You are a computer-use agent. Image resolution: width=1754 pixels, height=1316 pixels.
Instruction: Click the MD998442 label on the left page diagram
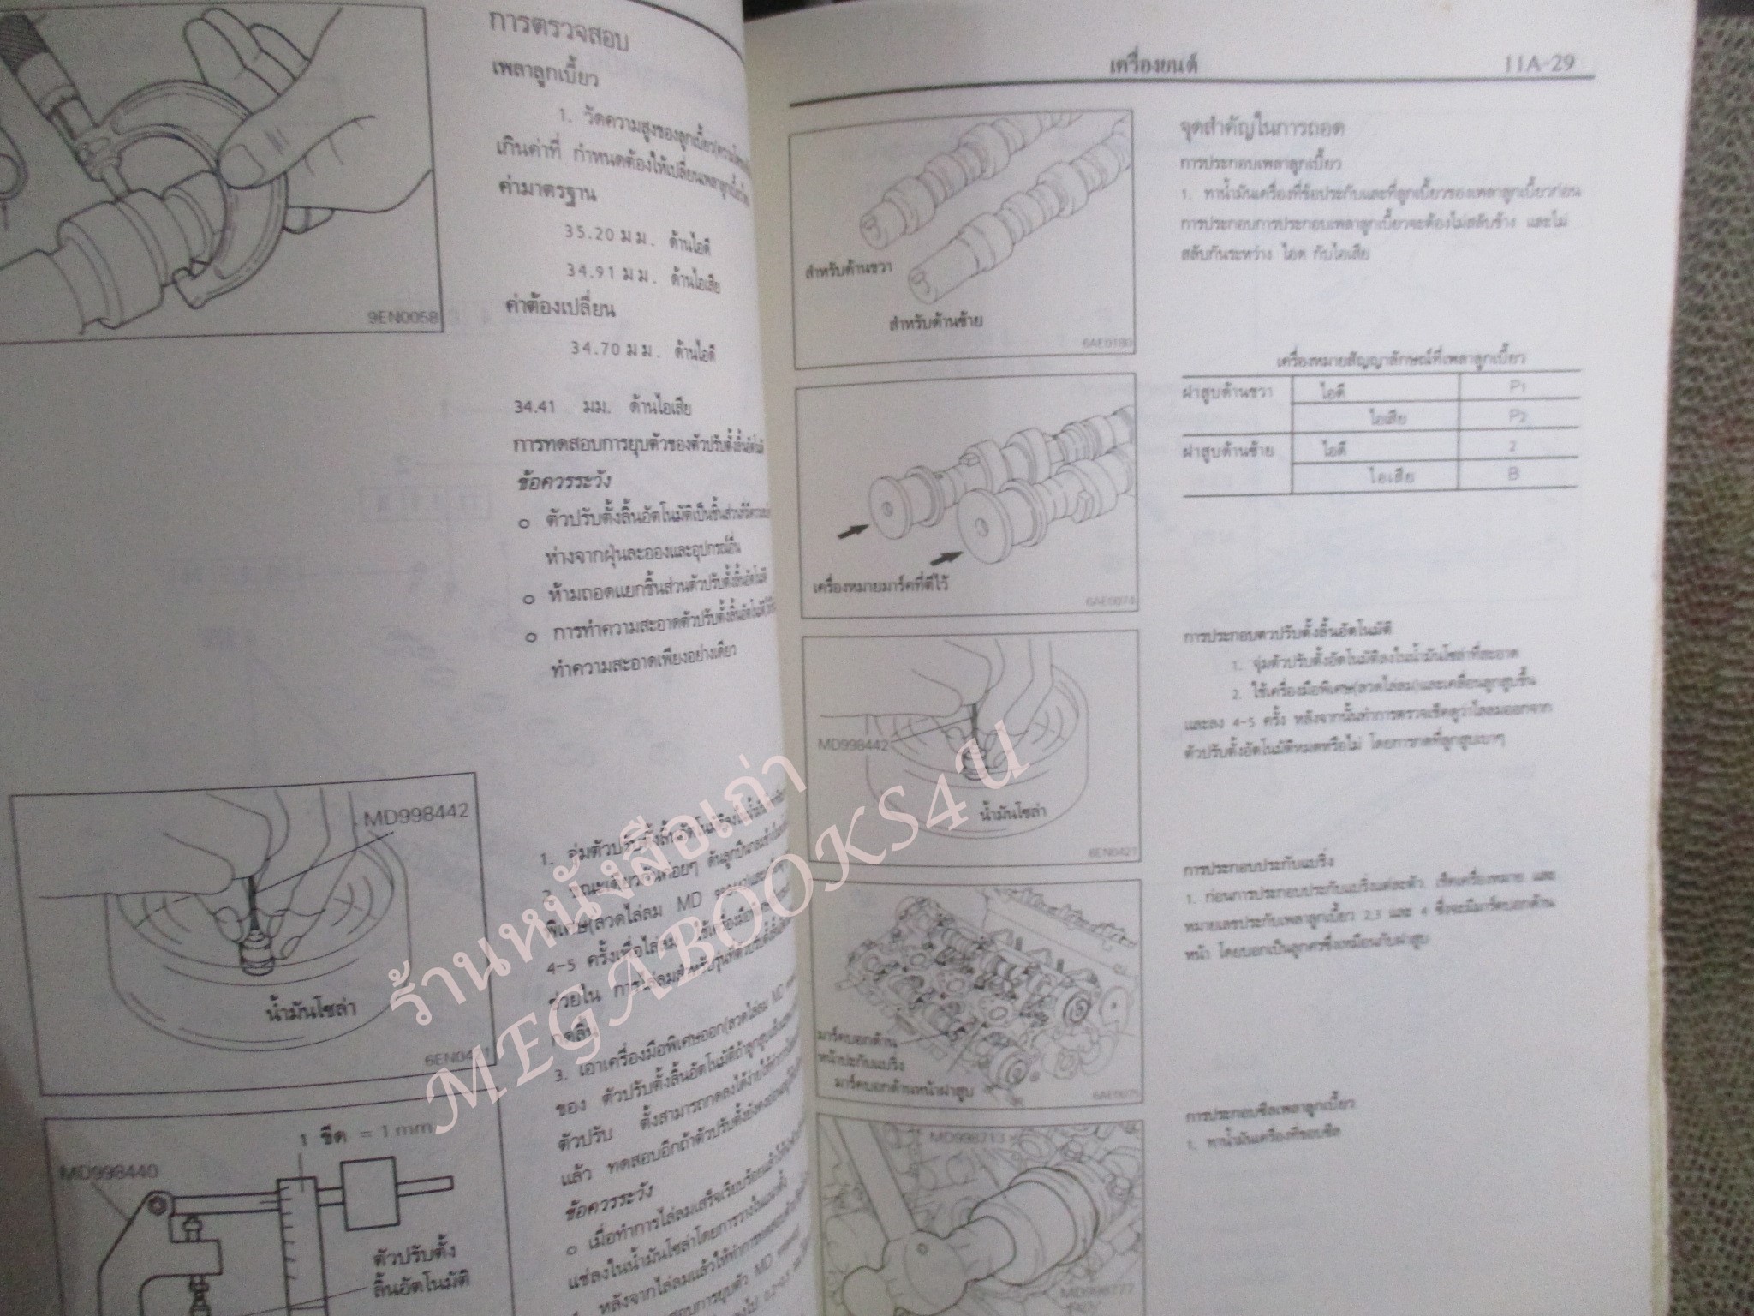coord(415,811)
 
